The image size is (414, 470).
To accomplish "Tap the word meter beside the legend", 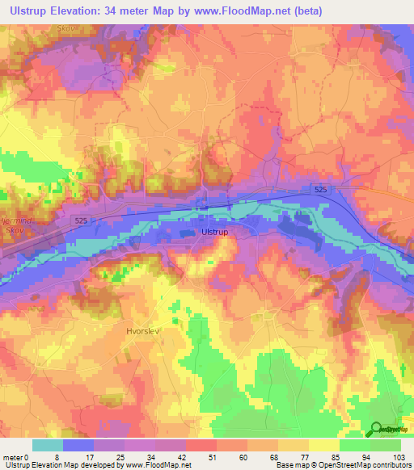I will tap(12, 457).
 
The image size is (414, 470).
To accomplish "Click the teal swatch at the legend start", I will tap(48, 445).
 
